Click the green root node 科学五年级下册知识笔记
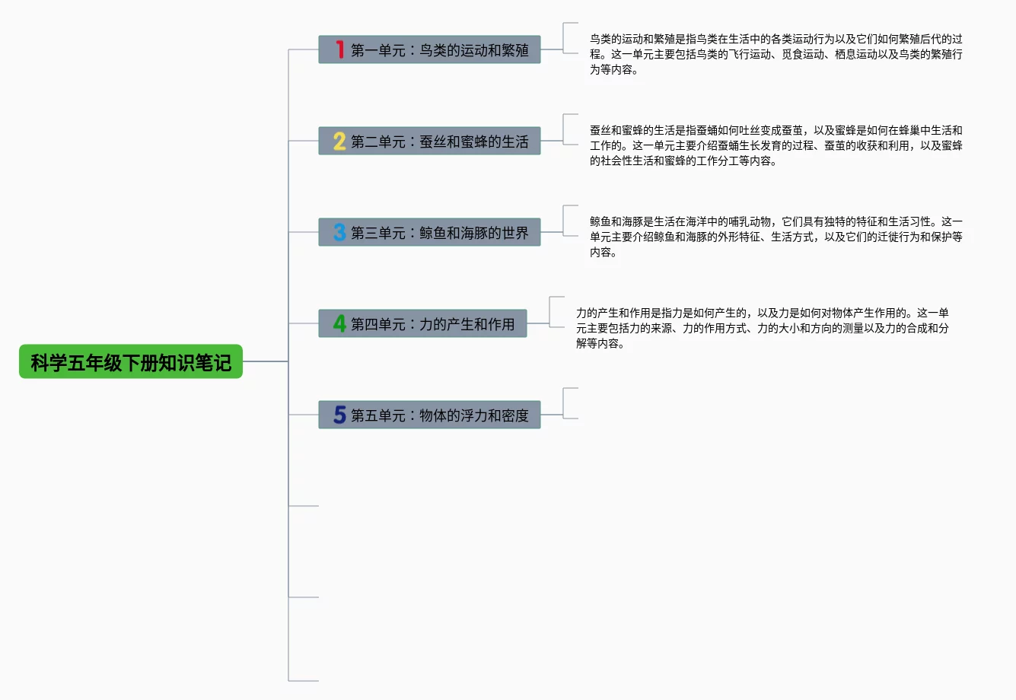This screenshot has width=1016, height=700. [x=130, y=362]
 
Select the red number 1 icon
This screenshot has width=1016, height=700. [x=339, y=49]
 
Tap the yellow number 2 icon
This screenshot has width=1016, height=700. [x=339, y=141]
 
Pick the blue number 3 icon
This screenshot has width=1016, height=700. [x=339, y=232]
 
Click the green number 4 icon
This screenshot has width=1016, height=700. [x=339, y=323]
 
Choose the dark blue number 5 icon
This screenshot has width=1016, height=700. [x=339, y=415]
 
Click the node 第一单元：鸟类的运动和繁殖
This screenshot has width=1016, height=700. [x=439, y=50]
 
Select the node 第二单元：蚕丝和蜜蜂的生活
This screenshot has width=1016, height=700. [x=439, y=142]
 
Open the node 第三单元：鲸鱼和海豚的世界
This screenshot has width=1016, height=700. [x=439, y=233]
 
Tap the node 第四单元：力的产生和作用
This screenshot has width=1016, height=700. [x=432, y=324]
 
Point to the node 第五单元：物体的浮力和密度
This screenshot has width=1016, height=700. [x=439, y=415]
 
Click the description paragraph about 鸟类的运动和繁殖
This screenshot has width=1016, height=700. [x=775, y=54]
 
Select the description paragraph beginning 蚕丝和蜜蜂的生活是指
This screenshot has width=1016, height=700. [x=775, y=145]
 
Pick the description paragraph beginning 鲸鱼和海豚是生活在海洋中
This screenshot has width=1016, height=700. [x=775, y=237]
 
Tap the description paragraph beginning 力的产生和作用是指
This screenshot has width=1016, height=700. [x=761, y=328]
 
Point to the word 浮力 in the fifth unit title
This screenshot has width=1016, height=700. [x=473, y=415]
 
